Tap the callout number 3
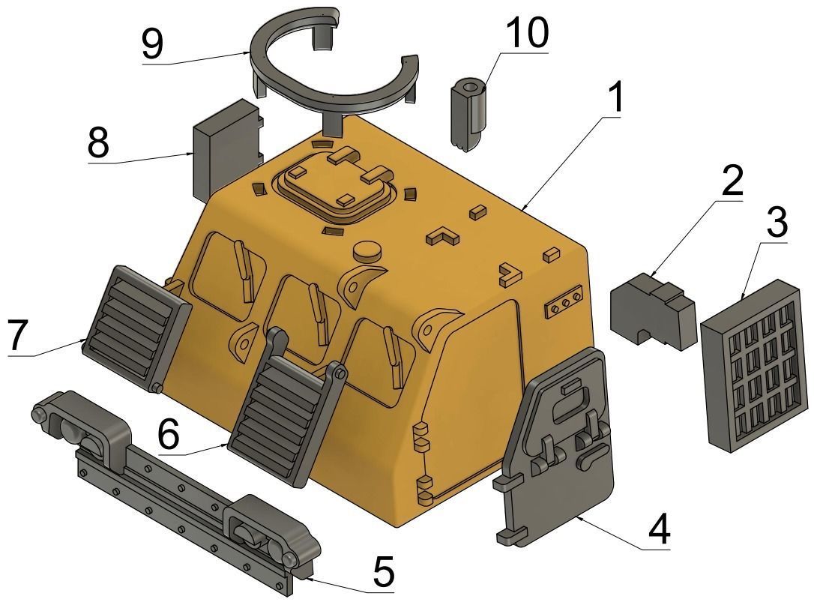[776, 223]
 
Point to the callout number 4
[657, 531]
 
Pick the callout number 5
[383, 573]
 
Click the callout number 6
[169, 433]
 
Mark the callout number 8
[98, 142]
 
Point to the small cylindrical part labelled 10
[468, 116]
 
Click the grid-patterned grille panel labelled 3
[752, 364]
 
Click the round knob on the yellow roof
[367, 250]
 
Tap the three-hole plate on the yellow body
[564, 304]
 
